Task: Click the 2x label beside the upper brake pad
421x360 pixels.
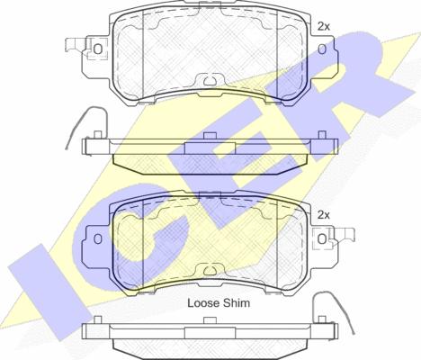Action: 324,27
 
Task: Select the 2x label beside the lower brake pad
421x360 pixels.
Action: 324,215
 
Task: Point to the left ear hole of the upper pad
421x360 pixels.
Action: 98,49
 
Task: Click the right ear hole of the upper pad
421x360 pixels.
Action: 322,49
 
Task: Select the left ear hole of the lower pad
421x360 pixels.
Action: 98,238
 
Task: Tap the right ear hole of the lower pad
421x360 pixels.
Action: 322,239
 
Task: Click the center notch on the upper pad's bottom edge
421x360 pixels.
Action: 210,80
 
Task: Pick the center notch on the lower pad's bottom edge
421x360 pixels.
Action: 210,270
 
